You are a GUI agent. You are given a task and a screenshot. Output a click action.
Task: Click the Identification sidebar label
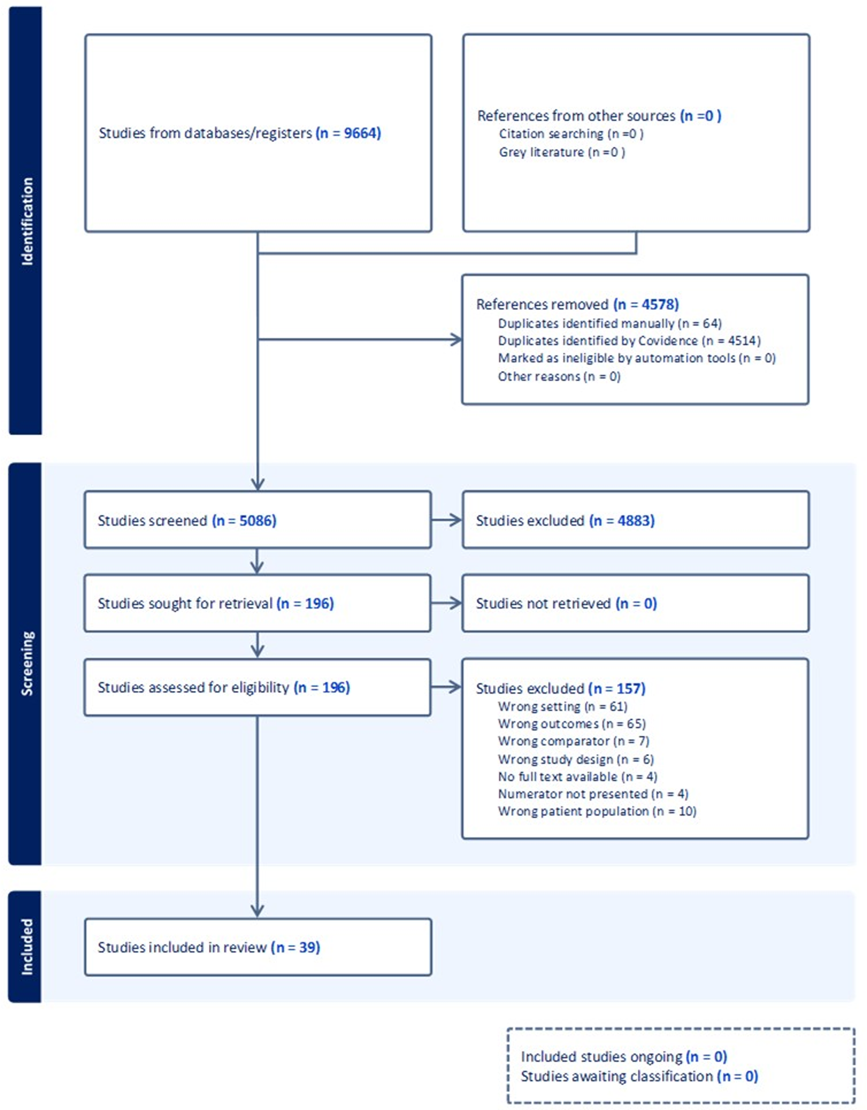(x=26, y=221)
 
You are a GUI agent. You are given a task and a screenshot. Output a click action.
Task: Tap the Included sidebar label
(x=26, y=946)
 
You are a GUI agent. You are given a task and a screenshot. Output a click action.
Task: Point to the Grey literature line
(x=562, y=152)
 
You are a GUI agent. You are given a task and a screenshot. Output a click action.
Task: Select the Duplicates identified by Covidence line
(x=629, y=341)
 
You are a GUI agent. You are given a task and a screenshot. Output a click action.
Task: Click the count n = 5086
(x=244, y=520)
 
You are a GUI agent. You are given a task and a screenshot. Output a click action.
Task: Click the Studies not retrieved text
(x=543, y=603)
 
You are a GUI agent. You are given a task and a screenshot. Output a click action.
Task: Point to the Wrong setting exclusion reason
(x=563, y=706)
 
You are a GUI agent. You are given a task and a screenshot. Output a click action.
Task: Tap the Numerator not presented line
(x=593, y=794)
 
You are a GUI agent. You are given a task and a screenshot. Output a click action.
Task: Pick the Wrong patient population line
(x=597, y=811)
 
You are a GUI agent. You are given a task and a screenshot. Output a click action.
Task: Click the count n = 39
(x=296, y=947)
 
